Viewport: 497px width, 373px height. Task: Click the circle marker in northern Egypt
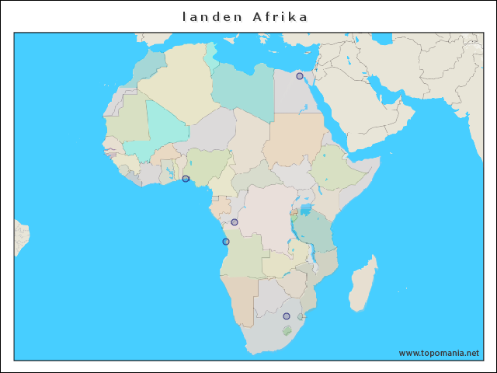300,76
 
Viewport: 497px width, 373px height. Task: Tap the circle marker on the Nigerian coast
186,179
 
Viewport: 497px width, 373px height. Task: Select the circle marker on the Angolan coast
226,242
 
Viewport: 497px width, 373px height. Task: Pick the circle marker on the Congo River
235,222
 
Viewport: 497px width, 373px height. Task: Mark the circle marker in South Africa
287,316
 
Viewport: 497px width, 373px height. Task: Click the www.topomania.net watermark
439,353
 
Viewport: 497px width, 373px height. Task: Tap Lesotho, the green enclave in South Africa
287,330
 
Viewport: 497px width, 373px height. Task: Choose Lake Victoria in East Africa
306,209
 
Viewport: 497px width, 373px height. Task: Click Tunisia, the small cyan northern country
211,58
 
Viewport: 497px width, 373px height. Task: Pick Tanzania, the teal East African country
317,231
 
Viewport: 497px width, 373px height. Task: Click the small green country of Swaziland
301,317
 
